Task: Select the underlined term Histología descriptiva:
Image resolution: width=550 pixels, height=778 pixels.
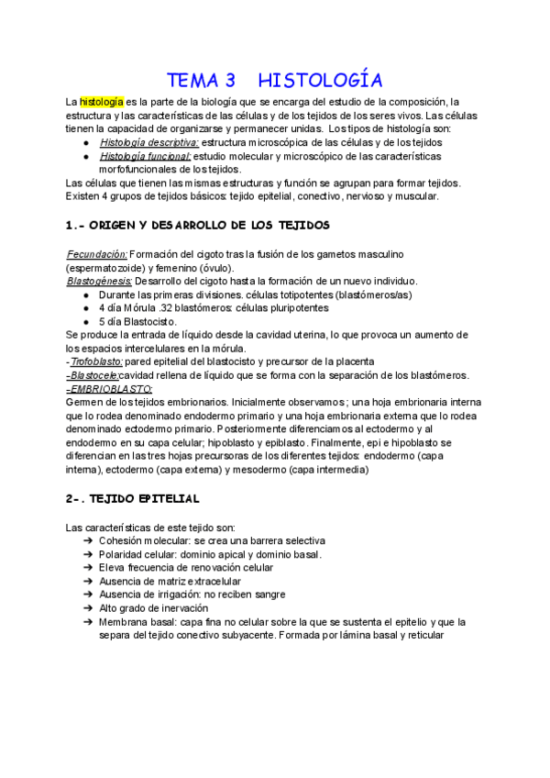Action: coord(148,143)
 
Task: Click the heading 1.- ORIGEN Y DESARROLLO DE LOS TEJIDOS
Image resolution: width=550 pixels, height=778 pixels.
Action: coord(198,225)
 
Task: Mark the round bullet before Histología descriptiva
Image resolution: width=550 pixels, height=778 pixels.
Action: coord(86,143)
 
